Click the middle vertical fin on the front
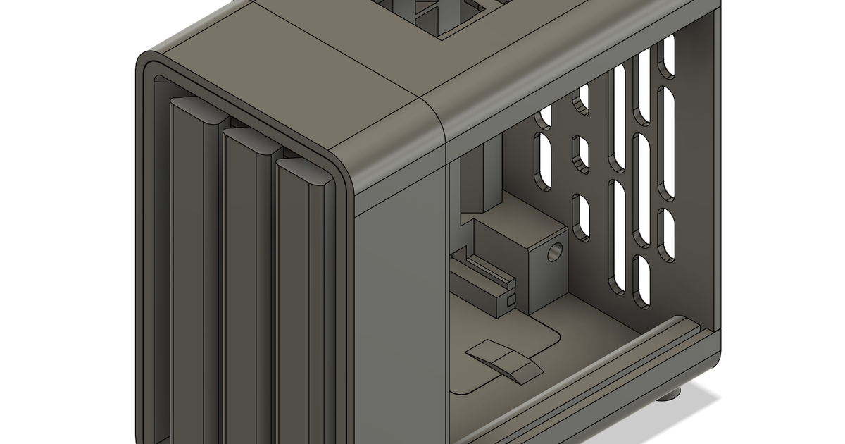tap(246, 282)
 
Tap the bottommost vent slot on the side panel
tap(641, 280)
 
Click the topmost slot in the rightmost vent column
tap(666, 56)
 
